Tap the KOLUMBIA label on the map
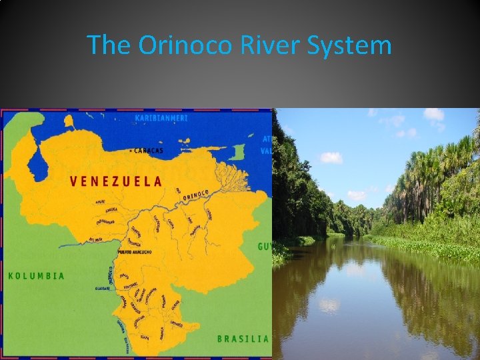(x=37, y=275)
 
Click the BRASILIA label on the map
(x=243, y=338)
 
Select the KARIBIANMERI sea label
(x=161, y=118)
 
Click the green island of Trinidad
(x=238, y=152)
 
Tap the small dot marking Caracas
(x=132, y=151)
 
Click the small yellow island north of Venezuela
(x=69, y=121)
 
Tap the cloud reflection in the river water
(x=329, y=305)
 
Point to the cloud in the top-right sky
(x=434, y=115)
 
